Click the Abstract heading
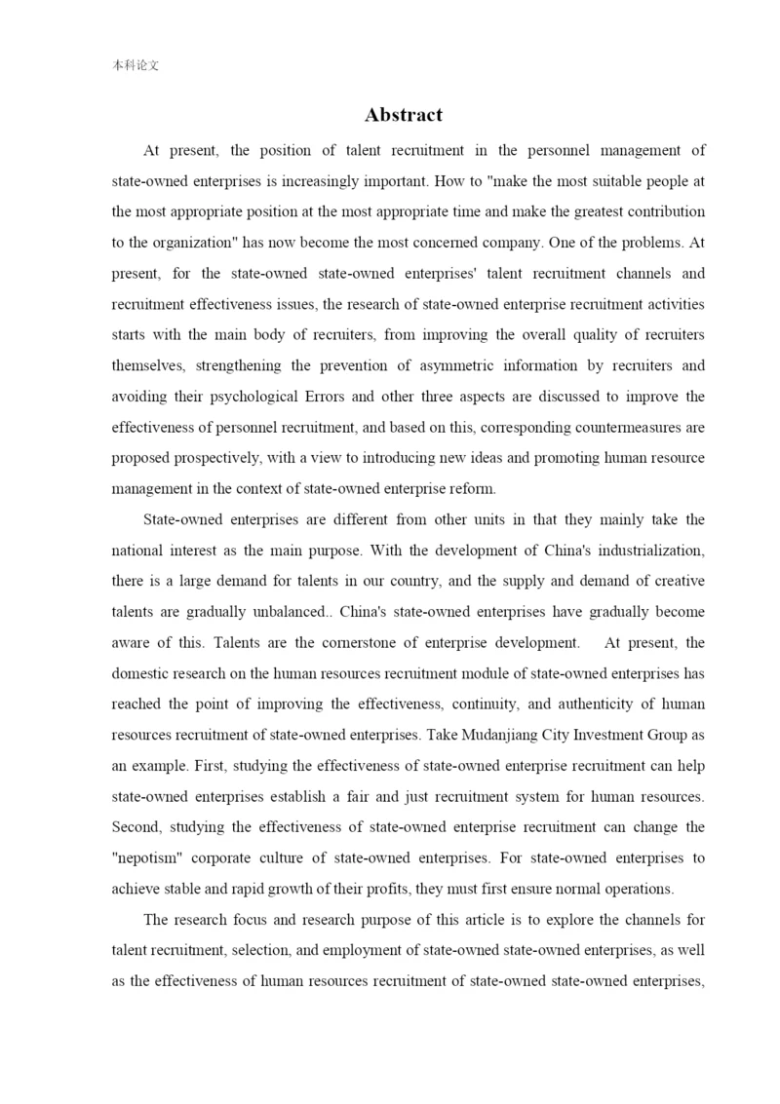click(x=404, y=115)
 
